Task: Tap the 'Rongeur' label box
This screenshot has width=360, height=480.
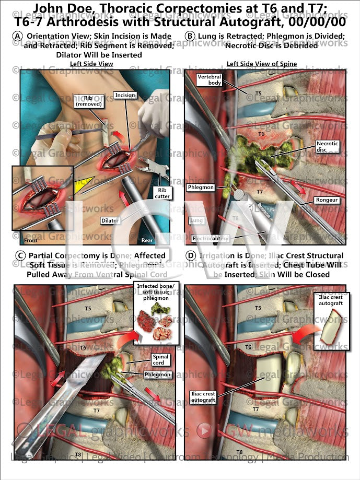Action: point(326,200)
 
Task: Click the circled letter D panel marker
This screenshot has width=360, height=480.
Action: point(190,256)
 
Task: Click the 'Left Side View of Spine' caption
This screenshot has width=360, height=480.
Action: point(261,64)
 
